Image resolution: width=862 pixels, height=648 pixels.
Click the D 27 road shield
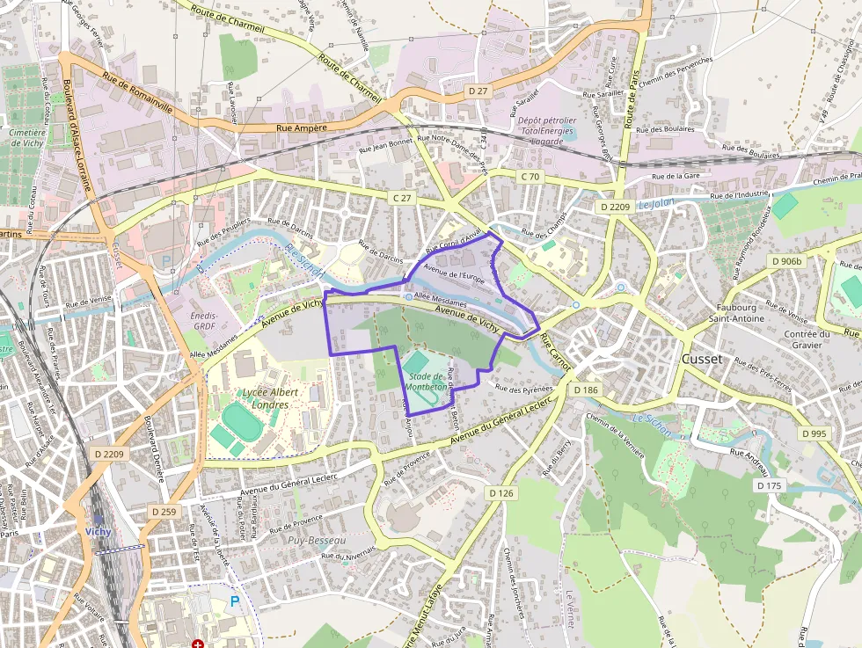pos(478,91)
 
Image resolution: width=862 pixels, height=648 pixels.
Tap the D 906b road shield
pos(787,261)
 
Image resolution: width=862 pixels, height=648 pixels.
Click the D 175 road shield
pos(769,485)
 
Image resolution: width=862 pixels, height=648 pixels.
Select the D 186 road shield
pos(585,389)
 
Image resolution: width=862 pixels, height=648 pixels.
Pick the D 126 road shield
pos(500,493)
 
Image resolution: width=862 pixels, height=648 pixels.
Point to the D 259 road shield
pos(163,511)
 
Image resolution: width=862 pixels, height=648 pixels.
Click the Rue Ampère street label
pos(302,127)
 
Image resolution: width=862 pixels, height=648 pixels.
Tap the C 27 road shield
pos(402,199)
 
